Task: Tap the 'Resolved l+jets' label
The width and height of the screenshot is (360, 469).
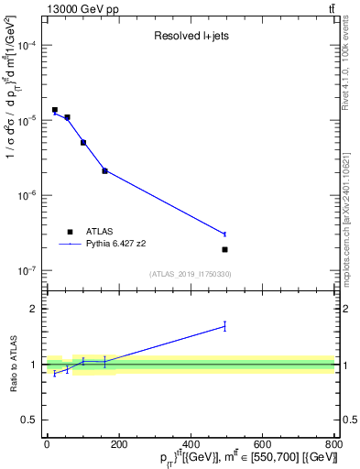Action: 191,37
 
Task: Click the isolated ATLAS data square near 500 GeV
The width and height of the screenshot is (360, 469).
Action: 224,249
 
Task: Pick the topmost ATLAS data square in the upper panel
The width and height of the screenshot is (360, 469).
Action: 55,110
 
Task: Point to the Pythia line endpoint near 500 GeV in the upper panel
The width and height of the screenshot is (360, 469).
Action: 224,234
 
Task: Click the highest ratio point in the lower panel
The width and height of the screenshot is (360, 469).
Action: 224,325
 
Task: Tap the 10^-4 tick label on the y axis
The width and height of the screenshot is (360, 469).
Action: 27,45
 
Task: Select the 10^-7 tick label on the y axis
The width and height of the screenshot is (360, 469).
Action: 27,270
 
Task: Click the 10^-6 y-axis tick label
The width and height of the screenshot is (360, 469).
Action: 27,195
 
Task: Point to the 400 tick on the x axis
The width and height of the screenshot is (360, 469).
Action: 191,444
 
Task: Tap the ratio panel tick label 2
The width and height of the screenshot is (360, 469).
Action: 34,309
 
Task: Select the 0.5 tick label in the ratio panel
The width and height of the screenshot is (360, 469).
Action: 30,420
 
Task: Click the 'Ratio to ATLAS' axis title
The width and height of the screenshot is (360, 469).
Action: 12,365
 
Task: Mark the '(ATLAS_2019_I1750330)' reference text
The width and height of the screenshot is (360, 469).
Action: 191,274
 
